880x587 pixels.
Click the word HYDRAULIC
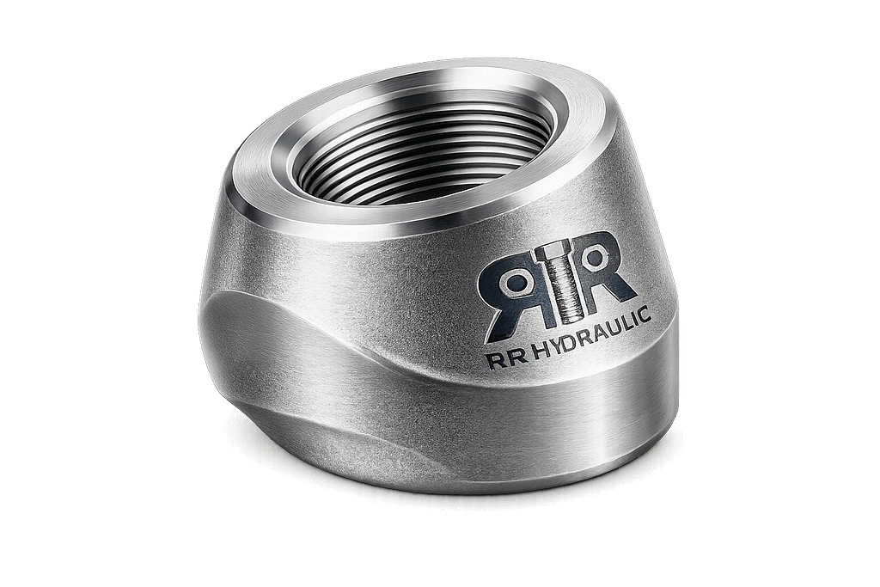click(x=593, y=333)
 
